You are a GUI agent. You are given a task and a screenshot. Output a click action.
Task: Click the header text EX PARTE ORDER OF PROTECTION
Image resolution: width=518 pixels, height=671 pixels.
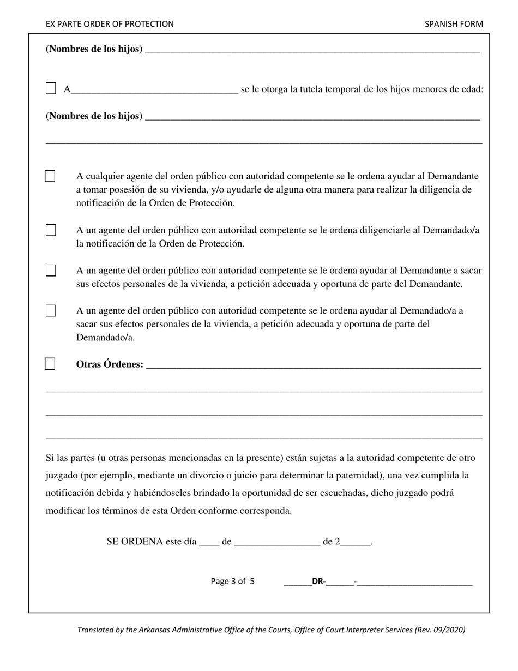(x=110, y=24)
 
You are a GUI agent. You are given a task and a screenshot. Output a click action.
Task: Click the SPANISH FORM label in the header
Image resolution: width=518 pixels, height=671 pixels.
(x=454, y=24)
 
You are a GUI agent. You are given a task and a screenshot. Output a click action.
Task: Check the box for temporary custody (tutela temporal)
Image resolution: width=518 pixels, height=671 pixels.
(x=51, y=88)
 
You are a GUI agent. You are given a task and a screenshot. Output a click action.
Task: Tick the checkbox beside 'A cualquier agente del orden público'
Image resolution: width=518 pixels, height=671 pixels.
(x=50, y=176)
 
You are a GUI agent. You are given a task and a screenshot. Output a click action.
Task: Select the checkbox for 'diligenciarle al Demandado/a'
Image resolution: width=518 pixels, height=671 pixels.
(x=51, y=230)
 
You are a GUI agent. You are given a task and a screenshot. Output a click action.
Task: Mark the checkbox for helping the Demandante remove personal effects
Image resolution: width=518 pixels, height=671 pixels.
(x=51, y=271)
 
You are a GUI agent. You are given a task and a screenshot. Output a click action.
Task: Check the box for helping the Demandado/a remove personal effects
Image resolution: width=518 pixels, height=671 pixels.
(x=51, y=311)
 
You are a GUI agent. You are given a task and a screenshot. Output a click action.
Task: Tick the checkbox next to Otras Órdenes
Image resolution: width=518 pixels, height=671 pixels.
(x=50, y=364)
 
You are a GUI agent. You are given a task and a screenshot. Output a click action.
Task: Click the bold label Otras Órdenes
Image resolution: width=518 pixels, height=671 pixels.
(x=110, y=364)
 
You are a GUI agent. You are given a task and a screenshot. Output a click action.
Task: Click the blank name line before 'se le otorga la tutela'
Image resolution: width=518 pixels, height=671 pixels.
(x=154, y=90)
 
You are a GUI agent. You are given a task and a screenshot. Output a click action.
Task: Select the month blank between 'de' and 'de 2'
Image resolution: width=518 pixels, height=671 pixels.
(x=277, y=542)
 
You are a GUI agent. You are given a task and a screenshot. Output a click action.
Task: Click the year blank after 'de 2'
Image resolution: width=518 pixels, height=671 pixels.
(x=357, y=542)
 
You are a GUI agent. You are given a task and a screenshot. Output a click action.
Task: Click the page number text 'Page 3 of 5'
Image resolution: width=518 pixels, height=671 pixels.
(x=232, y=582)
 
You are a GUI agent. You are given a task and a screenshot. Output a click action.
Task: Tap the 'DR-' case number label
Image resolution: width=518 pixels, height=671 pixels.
(x=318, y=582)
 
